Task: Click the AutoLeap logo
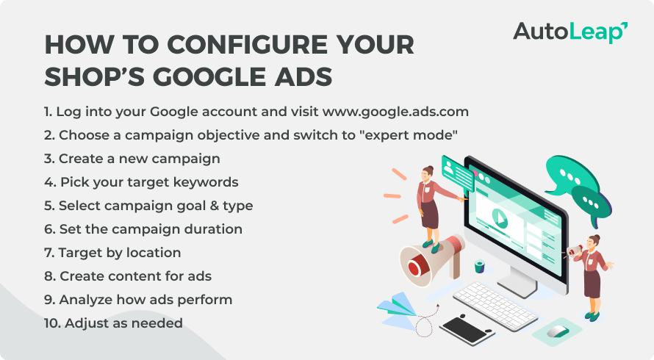pyautogui.click(x=569, y=32)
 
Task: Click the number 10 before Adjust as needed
pyautogui.click(x=51, y=323)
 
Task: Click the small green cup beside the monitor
pyautogui.click(x=480, y=266)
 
